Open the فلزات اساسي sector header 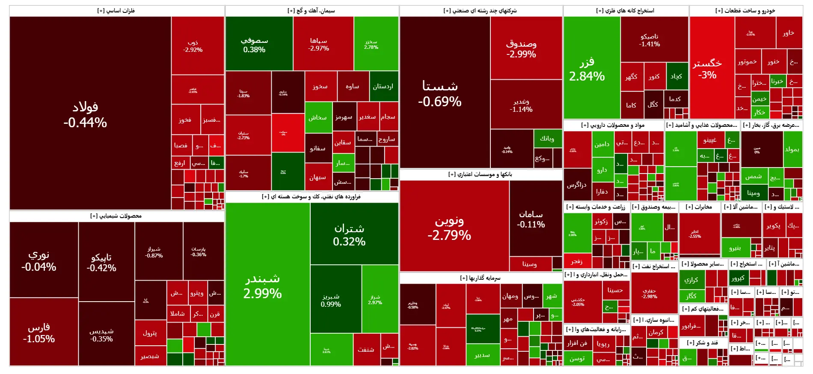coord(116,11)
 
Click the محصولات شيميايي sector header coord(116,216)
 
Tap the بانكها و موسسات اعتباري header coord(480,174)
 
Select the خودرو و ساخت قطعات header coord(745,11)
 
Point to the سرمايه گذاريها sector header coord(480,278)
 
